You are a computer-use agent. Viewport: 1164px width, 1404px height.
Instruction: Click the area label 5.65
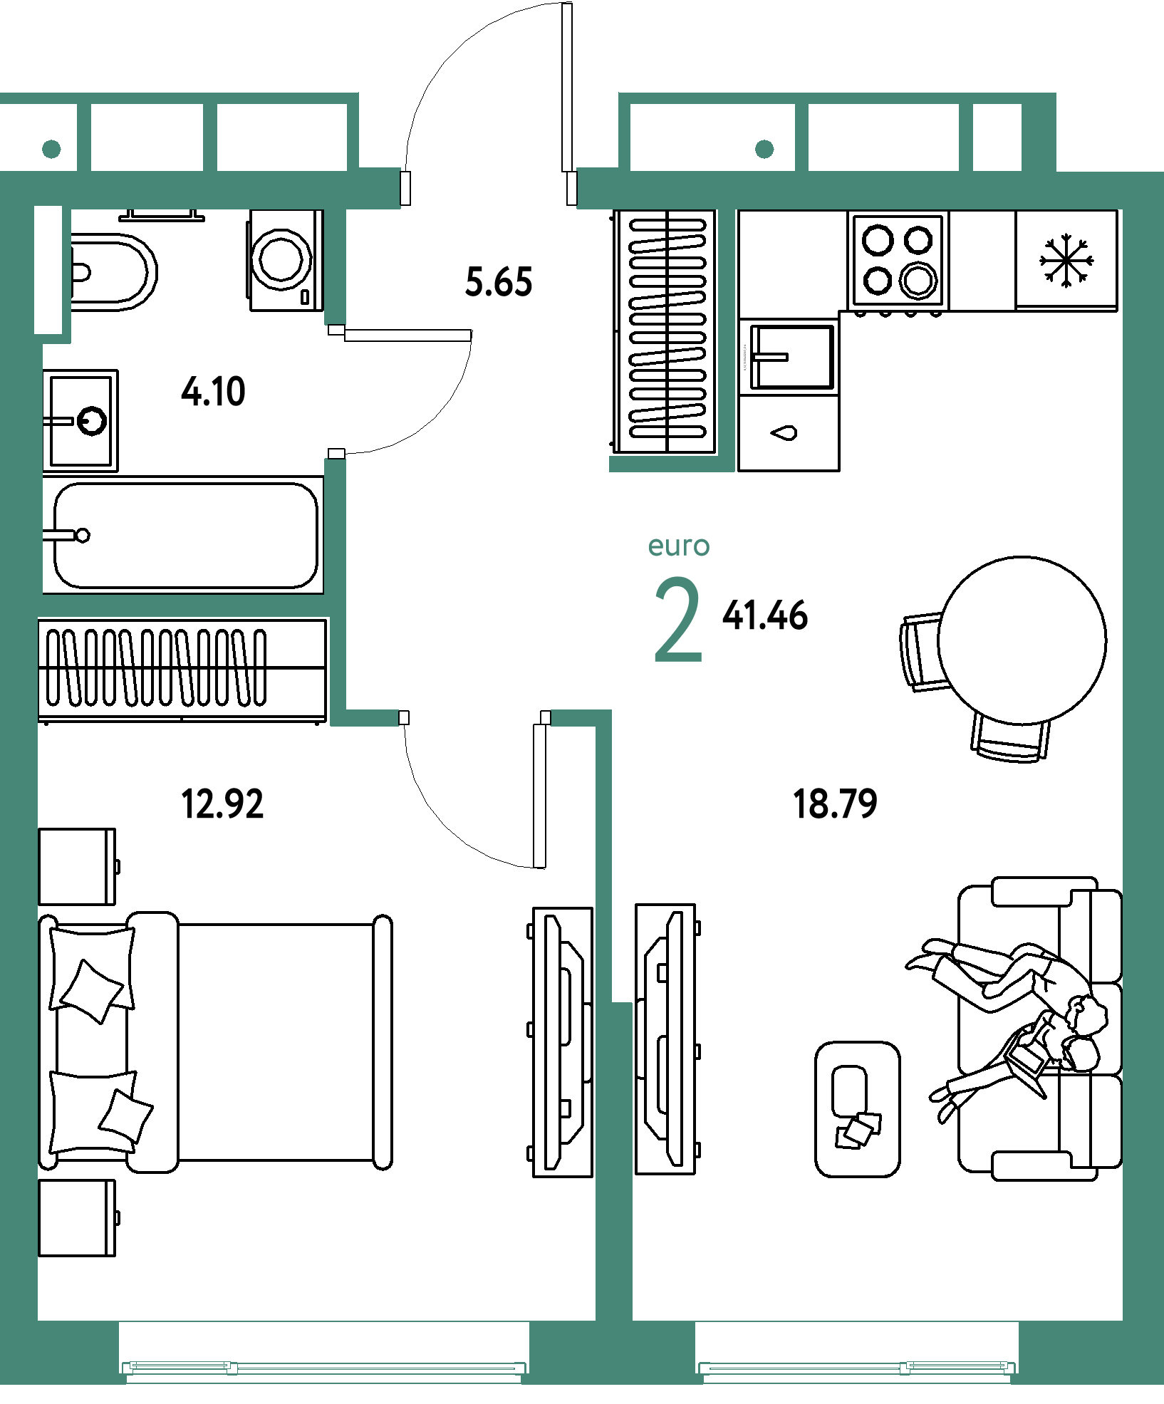(x=499, y=282)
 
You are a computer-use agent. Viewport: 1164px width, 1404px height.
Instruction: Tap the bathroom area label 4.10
(x=213, y=392)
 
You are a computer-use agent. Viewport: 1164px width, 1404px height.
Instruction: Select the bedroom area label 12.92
(x=222, y=804)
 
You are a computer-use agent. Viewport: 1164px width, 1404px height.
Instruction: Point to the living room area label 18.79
(x=835, y=804)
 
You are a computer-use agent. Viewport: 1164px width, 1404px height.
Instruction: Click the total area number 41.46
(x=765, y=615)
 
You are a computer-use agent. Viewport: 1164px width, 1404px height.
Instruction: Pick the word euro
(x=679, y=546)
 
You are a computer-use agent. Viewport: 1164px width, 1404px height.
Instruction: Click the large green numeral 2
(x=678, y=620)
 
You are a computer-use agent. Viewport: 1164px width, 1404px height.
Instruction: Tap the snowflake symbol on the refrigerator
(x=1066, y=261)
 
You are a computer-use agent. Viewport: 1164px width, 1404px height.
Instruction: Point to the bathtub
(x=183, y=535)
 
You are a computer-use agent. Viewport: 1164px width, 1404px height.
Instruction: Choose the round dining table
(x=1022, y=640)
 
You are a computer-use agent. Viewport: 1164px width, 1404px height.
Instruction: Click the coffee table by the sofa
(x=858, y=1109)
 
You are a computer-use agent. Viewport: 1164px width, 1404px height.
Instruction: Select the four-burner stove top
(x=898, y=260)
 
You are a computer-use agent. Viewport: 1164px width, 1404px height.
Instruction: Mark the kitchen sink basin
(x=791, y=356)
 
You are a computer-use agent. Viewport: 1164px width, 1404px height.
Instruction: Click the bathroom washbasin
(x=80, y=420)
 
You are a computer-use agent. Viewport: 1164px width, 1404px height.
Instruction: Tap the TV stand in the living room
(x=666, y=1039)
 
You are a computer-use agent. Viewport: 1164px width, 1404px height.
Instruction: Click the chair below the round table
(x=1010, y=739)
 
